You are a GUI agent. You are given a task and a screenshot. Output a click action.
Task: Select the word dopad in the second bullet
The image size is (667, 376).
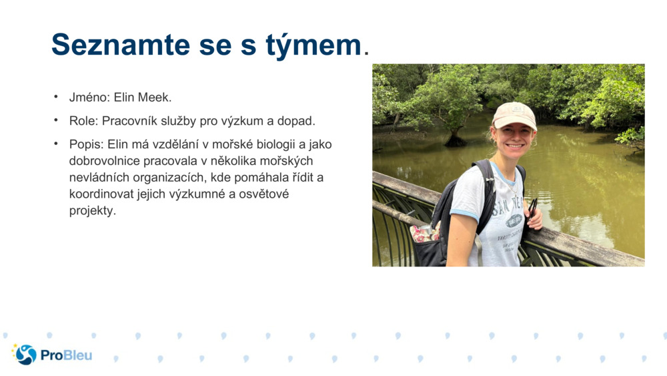pos(297,121)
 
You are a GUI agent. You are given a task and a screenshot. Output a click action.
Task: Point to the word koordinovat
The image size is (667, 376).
pos(101,194)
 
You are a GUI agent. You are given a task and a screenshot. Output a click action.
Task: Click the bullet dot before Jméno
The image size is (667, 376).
pos(56,97)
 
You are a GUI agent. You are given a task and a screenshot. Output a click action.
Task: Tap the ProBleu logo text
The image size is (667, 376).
pos(66,355)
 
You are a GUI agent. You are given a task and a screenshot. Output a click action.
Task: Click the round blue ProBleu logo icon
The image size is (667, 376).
pos(26,355)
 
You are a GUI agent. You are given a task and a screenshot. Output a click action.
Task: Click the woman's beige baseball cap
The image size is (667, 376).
pos(514,115)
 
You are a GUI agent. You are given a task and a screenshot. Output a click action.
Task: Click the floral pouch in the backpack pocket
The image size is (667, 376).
pos(424,233)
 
